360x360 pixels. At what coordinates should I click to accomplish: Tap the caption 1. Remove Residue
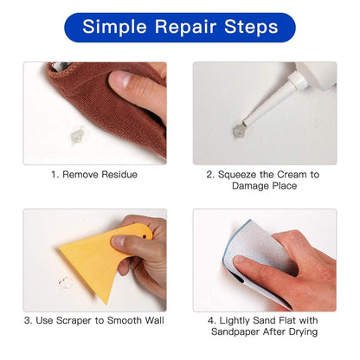pyautogui.click(x=94, y=174)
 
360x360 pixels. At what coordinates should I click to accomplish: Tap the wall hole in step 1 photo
pyautogui.click(x=77, y=135)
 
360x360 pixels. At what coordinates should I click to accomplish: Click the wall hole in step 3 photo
pyautogui.click(x=65, y=283)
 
